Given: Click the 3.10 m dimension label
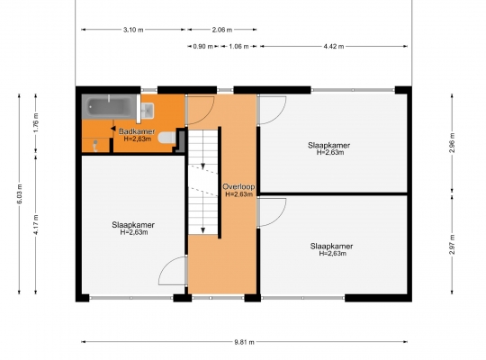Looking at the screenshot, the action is point(133,30).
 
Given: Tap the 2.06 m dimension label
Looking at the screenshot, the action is point(222,30).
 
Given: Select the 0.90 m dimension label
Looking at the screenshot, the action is point(203,47).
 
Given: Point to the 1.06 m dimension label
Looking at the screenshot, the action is point(238,47).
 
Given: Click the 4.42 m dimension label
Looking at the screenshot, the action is point(334,47).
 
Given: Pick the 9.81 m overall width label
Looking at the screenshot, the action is point(244,342).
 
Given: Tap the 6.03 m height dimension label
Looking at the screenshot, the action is point(20,193).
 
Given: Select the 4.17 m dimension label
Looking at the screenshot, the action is point(36,224).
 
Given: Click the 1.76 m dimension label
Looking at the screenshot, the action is point(36,123).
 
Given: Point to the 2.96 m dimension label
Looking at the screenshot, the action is point(452,142).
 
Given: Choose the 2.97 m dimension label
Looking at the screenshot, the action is point(452,244).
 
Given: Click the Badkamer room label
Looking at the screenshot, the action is point(137,131).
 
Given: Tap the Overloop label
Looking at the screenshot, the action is point(239,186).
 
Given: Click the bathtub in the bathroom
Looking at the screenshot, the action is point(110,107).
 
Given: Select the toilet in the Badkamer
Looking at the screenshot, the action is point(167,138).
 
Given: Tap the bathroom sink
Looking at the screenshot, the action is point(148,111).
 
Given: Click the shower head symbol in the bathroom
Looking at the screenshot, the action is point(95,146).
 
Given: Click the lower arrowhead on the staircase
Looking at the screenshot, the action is point(203,230).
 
